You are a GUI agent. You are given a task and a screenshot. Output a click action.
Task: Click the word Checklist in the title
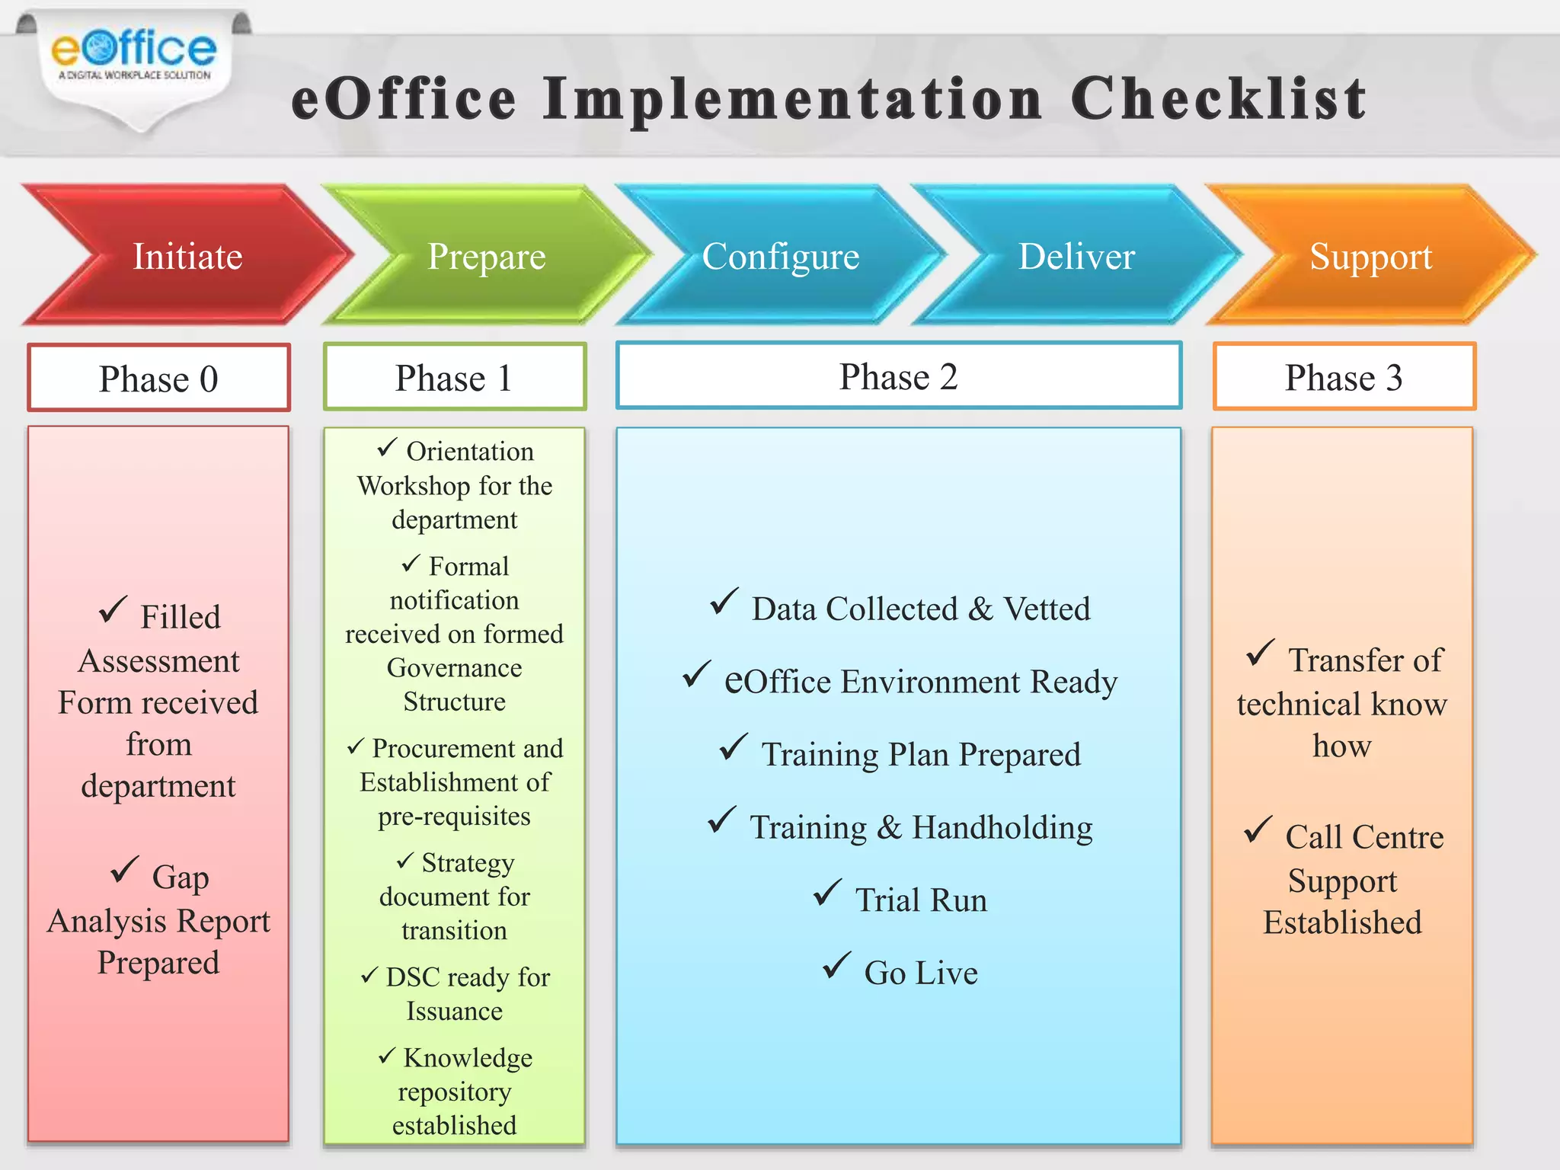(x=1218, y=100)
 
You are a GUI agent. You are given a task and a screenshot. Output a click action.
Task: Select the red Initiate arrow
(x=187, y=256)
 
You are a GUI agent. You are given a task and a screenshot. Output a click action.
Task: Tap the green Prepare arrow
(x=487, y=256)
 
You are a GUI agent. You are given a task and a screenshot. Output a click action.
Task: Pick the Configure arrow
(x=781, y=256)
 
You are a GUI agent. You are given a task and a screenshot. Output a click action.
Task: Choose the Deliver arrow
(x=1076, y=256)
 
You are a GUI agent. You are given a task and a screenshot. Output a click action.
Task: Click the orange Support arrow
(x=1370, y=256)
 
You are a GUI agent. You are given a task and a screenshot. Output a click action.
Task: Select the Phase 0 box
(x=158, y=378)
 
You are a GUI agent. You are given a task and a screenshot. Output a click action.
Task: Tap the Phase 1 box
(x=455, y=377)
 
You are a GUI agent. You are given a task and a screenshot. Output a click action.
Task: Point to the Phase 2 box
(x=899, y=376)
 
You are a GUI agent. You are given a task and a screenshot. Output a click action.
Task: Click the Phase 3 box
(x=1344, y=377)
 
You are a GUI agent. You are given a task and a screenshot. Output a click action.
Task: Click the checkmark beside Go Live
(x=836, y=965)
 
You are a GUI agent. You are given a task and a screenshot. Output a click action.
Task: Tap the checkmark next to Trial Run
(x=827, y=892)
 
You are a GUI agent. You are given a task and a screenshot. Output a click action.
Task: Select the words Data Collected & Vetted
(x=921, y=609)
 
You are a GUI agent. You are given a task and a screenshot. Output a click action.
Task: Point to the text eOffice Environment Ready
(x=921, y=681)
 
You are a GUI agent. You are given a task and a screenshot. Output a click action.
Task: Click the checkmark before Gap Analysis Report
(x=124, y=869)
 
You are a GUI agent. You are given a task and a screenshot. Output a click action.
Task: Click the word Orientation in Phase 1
(x=470, y=451)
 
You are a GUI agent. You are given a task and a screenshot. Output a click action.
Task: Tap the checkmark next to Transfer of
(x=1260, y=652)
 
